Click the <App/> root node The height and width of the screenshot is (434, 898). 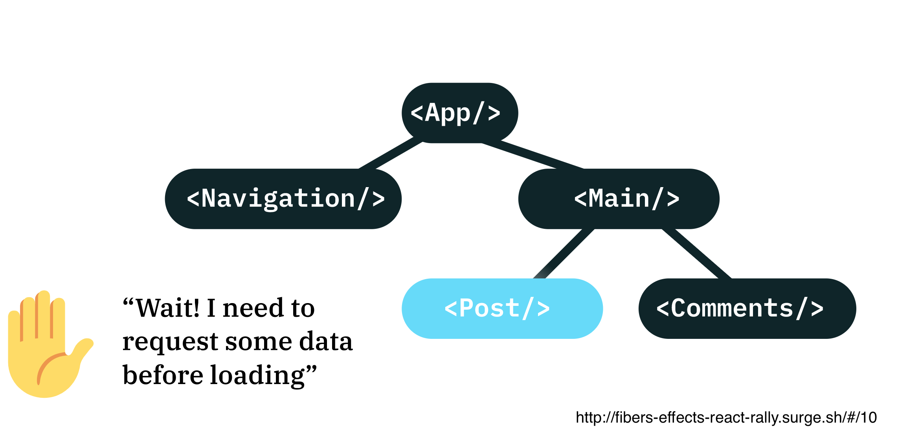(460, 113)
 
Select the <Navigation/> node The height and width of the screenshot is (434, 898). (283, 199)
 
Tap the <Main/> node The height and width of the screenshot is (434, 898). (619, 199)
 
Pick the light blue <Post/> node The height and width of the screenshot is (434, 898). (502, 309)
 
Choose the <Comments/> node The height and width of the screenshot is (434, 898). (747, 309)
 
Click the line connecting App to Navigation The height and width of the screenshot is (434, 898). (391, 153)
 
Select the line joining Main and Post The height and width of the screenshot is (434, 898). (564, 254)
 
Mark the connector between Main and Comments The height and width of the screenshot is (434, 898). (696, 254)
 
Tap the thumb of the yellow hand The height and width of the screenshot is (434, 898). (81, 350)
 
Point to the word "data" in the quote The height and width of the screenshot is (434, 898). (326, 341)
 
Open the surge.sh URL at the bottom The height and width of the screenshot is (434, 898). (726, 417)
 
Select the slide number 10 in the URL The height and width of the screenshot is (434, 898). (869, 417)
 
